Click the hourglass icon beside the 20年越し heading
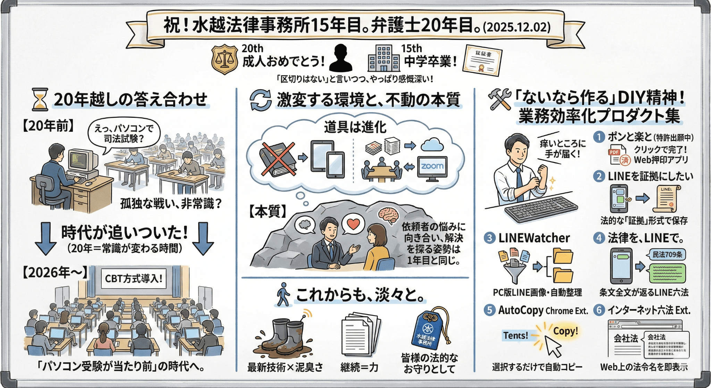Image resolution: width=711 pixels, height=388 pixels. [x=40, y=99]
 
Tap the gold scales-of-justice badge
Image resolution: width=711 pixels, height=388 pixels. [x=225, y=59]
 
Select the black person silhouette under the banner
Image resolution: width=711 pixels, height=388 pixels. [x=341, y=58]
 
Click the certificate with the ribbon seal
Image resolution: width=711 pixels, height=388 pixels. [x=482, y=60]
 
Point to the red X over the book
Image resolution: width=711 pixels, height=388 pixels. [x=278, y=159]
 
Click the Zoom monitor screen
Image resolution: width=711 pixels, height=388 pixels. [x=432, y=166]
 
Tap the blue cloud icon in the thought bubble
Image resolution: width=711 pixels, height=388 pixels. [x=432, y=144]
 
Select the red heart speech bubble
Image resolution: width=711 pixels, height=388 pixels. [x=353, y=224]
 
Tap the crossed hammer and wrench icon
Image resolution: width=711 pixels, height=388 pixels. [x=499, y=99]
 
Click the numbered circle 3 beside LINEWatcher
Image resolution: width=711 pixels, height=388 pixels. [x=490, y=238]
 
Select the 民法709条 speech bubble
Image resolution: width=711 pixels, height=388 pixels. [x=667, y=254]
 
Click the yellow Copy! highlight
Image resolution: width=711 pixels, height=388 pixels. [x=565, y=331]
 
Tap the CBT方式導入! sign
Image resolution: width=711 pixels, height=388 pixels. [x=133, y=278]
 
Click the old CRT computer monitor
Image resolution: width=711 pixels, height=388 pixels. [x=83, y=160]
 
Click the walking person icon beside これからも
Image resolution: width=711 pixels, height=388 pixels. [x=283, y=295]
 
